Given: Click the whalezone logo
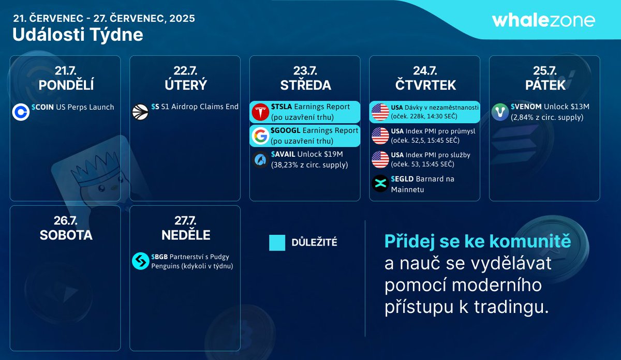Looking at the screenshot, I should tap(543, 20).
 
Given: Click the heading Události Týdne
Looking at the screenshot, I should tap(78, 35).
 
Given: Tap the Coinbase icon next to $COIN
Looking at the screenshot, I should tap(20, 112).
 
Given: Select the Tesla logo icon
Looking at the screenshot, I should tap(260, 112).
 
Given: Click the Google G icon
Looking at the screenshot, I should tap(260, 136).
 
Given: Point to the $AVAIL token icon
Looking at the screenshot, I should tap(260, 160).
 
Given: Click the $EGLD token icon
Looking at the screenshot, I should tap(380, 184).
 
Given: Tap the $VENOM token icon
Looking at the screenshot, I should tap(500, 112).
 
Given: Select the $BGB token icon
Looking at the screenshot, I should tap(140, 261).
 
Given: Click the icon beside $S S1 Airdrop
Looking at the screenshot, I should tap(140, 112).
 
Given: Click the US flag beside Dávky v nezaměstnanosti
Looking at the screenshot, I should tap(380, 112).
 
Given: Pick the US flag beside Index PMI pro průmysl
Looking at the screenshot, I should tap(380, 136).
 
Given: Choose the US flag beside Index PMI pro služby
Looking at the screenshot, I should tap(380, 160).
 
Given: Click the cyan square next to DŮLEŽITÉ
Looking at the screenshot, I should tap(277, 243).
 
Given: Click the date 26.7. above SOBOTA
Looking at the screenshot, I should tap(66, 220).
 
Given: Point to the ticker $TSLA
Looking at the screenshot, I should tap(282, 107).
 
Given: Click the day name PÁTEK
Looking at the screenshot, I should tap(544, 85).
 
